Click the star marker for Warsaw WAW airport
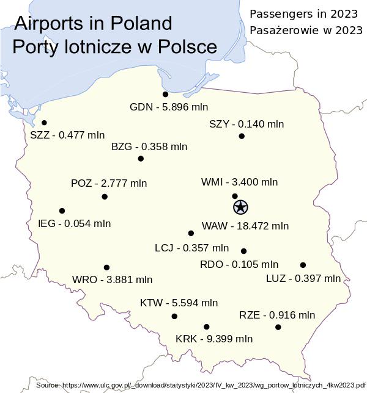click(240, 207)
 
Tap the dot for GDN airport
click(166, 95)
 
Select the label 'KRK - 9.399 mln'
click(213, 339)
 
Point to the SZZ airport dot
click(44, 123)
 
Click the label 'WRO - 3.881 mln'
click(112, 279)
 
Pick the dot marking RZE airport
click(278, 327)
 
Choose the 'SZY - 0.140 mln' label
click(247, 124)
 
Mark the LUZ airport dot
click(303, 265)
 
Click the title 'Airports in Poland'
click(93, 23)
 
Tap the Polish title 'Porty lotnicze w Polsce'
click(114, 47)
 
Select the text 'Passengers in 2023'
click(303, 13)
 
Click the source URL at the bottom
click(201, 386)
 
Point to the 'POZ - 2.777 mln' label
click(109, 183)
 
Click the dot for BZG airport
click(141, 159)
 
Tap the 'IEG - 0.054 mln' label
click(74, 223)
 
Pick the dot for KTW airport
click(174, 316)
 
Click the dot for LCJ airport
click(191, 233)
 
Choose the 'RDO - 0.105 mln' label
click(239, 265)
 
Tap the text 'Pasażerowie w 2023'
click(306, 30)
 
